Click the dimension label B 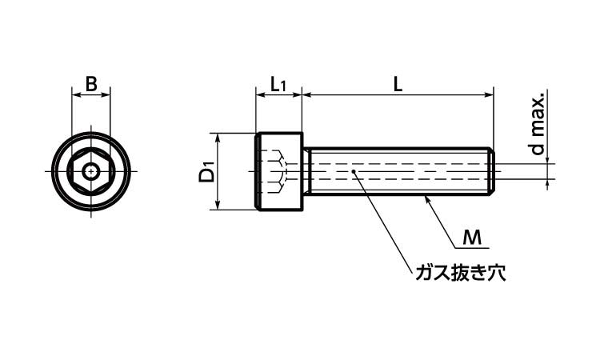(x=91, y=82)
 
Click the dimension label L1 (x=278, y=83)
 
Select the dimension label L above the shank (x=398, y=82)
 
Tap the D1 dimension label (x=207, y=171)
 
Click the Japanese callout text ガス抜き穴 (x=460, y=273)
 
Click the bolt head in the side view (x=279, y=171)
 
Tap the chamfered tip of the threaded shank (x=492, y=171)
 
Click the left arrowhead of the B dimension (x=76, y=95)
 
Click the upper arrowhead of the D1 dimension (x=218, y=137)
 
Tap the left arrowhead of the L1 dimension (x=260, y=95)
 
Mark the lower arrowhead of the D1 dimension (x=218, y=206)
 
